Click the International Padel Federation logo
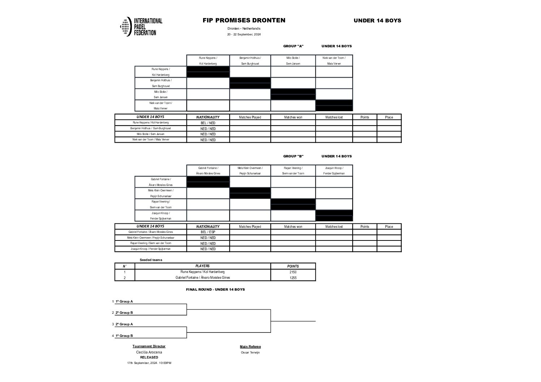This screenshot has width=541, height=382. coord(141,27)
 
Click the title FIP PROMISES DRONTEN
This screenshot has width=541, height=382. coord(244,21)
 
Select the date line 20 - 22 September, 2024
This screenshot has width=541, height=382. coord(244,35)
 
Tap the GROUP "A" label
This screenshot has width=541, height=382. coord(293,46)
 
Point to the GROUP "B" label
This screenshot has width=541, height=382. coord(293,156)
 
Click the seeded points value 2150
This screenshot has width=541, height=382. coord(293,272)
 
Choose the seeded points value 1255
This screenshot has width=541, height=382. coord(293,278)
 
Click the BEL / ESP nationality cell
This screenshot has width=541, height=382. coord(208,232)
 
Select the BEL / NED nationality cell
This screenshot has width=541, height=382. coord(208,123)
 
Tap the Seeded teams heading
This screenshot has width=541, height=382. coord(151,260)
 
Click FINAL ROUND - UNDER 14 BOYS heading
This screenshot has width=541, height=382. coord(215,290)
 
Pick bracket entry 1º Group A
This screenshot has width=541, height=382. coord(124,301)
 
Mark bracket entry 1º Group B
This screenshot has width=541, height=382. coord(124,336)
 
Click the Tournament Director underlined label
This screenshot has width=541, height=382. coord(149,346)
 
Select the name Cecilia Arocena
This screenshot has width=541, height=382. coord(149,352)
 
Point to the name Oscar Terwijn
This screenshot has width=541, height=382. coord(250,352)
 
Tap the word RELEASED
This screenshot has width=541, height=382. coord(149,357)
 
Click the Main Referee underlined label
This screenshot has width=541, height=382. coord(250,347)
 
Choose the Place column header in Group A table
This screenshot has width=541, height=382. coord(389,117)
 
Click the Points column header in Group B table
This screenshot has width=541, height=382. coord(365,227)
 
